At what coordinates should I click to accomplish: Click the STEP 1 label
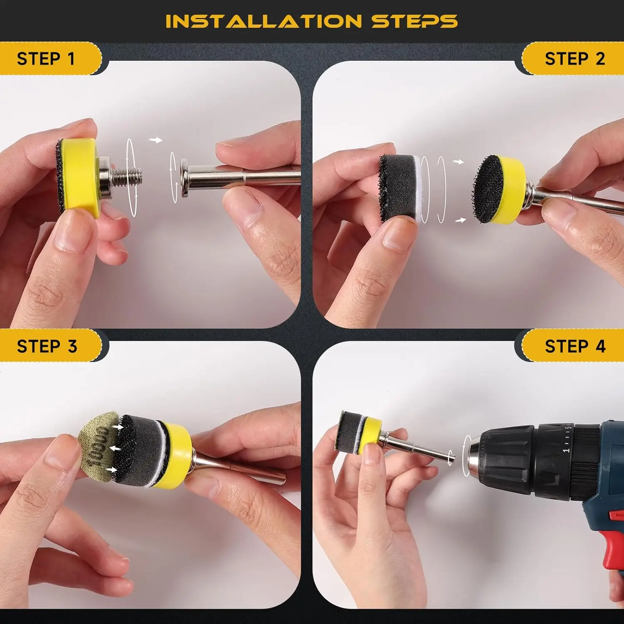pos(46,59)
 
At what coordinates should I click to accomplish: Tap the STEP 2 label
pos(575,59)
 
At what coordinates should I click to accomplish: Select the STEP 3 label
pos(47,346)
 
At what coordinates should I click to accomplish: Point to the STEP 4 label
pos(575,346)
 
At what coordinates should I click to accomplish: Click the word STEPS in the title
pos(415,21)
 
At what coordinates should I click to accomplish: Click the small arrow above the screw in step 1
pos(156,140)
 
